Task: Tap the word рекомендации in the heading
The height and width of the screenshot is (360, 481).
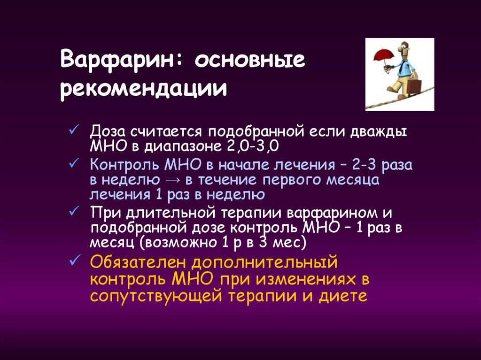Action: tap(144, 89)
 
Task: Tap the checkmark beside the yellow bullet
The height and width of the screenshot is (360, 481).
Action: tap(74, 260)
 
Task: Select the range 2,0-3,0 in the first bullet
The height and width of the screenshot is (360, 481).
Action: tap(253, 146)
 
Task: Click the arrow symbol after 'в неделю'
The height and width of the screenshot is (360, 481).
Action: tap(173, 180)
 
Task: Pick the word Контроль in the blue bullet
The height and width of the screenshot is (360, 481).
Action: tap(124, 165)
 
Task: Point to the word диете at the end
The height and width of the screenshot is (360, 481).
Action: tap(342, 296)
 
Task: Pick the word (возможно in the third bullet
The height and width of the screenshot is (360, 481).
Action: tap(178, 243)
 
